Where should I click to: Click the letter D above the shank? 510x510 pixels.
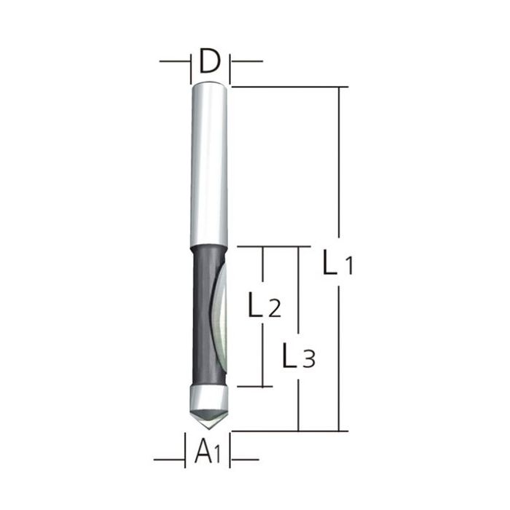(210, 63)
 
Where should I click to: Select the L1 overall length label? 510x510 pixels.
(337, 264)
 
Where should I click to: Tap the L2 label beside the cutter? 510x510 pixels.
(264, 307)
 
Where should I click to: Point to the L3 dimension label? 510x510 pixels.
(298, 357)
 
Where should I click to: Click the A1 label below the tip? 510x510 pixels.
(208, 455)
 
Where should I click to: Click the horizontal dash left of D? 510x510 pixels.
(173, 62)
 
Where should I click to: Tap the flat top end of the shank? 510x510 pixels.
(210, 85)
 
